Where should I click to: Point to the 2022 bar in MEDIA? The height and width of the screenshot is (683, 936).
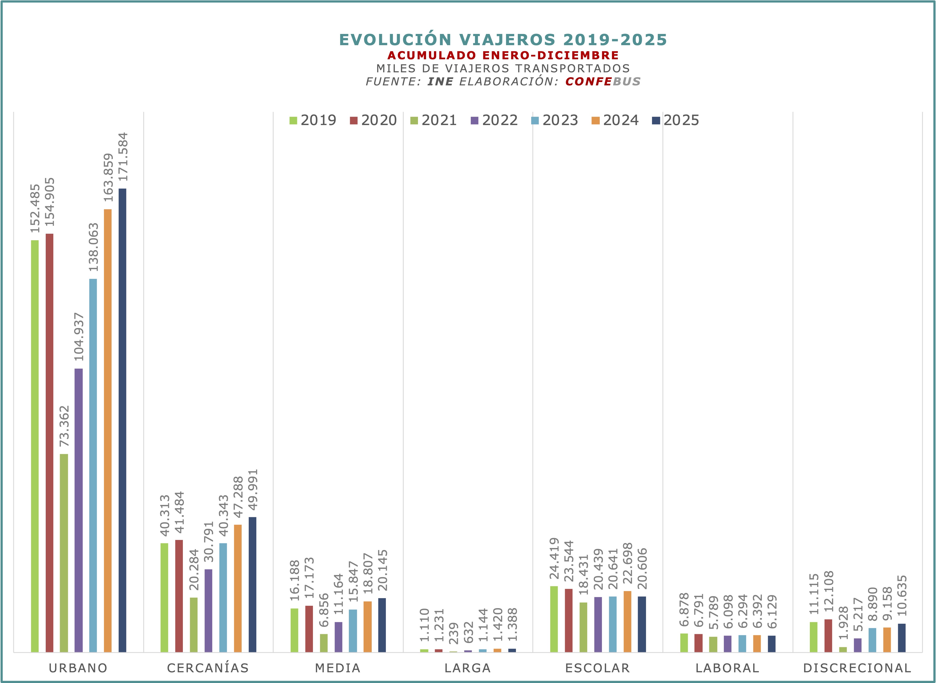tap(338, 637)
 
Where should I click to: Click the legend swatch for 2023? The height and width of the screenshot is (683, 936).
tap(535, 121)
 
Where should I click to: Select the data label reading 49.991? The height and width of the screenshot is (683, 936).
tap(252, 490)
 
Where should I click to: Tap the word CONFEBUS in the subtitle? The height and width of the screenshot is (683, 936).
tap(603, 81)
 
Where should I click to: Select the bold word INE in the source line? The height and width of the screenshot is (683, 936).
tap(440, 81)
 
